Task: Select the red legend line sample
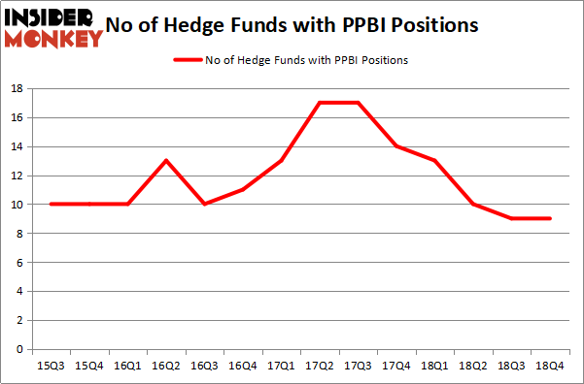tap(188, 60)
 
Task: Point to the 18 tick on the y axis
tap(17, 88)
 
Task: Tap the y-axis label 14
tap(17, 146)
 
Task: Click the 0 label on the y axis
tap(19, 349)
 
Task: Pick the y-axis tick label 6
tap(19, 262)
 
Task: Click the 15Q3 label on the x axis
tap(51, 365)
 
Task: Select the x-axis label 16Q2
tap(166, 365)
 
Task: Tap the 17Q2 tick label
tap(320, 365)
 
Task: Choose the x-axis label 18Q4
tap(551, 365)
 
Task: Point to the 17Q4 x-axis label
tap(396, 365)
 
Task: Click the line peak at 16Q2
tap(166, 161)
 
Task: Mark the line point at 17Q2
tap(320, 103)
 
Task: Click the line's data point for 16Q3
tap(204, 205)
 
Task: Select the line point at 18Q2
tap(474, 205)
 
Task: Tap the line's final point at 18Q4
tap(551, 218)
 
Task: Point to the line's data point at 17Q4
tap(396, 146)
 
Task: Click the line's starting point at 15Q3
tap(51, 205)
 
